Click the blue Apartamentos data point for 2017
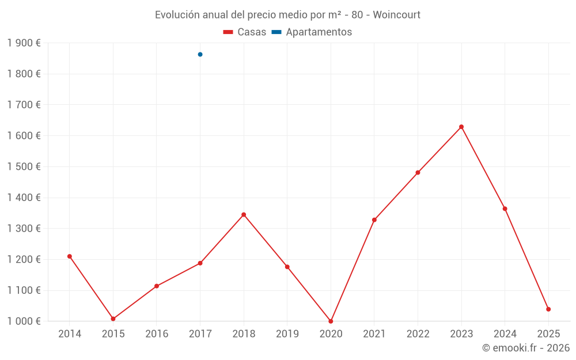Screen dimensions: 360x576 pyautogui.click(x=200, y=55)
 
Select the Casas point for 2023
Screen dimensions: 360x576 pyautogui.click(x=461, y=127)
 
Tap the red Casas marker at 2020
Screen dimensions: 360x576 pyautogui.click(x=331, y=321)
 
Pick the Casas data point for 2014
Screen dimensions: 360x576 pyautogui.click(x=70, y=256)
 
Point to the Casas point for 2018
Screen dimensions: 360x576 pyautogui.click(x=244, y=215)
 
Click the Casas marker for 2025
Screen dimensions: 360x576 pyautogui.click(x=548, y=309)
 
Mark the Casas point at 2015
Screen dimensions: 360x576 pyautogui.click(x=113, y=319)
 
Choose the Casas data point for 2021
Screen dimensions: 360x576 pyautogui.click(x=374, y=220)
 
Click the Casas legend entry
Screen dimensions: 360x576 pyautogui.click(x=245, y=32)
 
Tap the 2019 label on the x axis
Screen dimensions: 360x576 pyautogui.click(x=287, y=334)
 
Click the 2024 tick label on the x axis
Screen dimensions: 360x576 pyautogui.click(x=505, y=334)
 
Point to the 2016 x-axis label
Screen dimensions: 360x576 pyautogui.click(x=157, y=334)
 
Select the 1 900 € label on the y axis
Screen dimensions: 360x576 pyautogui.click(x=24, y=43)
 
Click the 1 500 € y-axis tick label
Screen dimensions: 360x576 pyautogui.click(x=24, y=167)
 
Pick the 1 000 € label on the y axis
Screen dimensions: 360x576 pyautogui.click(x=24, y=321)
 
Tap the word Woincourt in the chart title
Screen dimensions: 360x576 pyautogui.click(x=396, y=14)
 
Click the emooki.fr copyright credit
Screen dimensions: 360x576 pyautogui.click(x=526, y=348)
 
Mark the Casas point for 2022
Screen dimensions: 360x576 pyautogui.click(x=418, y=173)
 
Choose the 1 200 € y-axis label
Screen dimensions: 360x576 pyautogui.click(x=24, y=260)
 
